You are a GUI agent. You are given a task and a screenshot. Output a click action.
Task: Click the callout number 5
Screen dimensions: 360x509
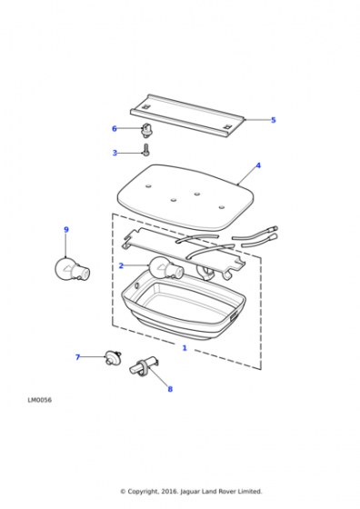274,120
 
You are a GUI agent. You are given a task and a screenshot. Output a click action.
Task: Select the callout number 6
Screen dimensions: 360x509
115,129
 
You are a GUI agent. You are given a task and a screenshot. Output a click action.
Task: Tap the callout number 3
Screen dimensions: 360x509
115,153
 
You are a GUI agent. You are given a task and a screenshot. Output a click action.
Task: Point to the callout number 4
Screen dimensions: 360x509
258,165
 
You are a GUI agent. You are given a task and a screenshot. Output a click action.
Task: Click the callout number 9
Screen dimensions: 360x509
66,229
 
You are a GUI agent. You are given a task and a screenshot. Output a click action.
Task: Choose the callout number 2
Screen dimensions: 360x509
121,265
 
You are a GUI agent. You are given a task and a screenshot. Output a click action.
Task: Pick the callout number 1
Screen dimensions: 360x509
185,348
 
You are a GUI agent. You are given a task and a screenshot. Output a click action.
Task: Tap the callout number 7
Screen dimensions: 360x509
77,357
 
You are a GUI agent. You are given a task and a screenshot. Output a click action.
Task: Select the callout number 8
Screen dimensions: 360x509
170,389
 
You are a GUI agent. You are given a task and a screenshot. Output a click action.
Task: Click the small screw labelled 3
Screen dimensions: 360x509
145,150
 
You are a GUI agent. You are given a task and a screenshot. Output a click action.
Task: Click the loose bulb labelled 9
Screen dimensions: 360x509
72,269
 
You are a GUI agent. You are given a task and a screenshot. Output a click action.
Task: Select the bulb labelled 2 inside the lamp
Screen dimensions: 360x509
165,268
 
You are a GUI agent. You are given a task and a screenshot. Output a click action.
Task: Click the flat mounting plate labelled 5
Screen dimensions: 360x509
187,115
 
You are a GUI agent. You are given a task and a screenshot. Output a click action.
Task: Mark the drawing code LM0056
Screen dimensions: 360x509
40,400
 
